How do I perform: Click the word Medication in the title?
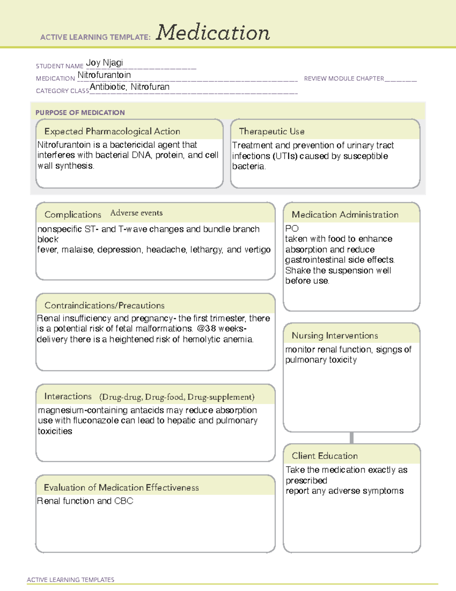(x=213, y=33)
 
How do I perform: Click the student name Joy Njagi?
(x=104, y=62)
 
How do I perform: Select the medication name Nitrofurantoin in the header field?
(x=104, y=75)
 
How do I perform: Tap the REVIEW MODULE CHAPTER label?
(x=344, y=78)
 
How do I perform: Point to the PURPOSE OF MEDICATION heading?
(x=80, y=113)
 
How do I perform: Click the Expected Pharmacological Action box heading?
(x=112, y=131)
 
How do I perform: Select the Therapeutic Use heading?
(x=272, y=131)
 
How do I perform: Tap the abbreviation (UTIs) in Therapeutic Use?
(x=285, y=156)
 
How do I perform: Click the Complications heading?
(x=73, y=215)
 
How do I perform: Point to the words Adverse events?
(x=136, y=213)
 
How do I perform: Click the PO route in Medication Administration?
(x=292, y=228)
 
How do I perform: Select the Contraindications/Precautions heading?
(x=104, y=306)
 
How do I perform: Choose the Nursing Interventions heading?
(x=335, y=336)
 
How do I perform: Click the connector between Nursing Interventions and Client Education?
(x=351, y=438)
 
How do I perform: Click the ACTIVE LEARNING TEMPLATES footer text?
(x=71, y=580)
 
